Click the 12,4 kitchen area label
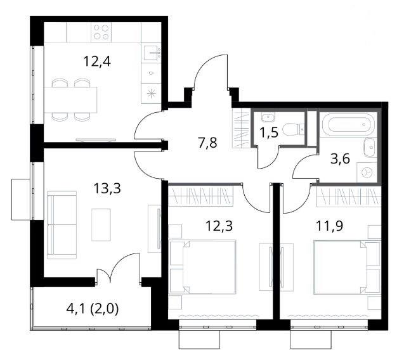[97, 62]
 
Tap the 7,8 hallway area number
[207, 143]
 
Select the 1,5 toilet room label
[269, 132]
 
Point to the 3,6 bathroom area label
[340, 158]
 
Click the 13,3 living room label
[107, 188]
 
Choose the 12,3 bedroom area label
[219, 226]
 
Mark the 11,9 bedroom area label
[330, 226]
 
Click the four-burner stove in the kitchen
[101, 32]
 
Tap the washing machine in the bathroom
[366, 172]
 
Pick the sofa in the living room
[62, 225]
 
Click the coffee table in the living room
[101, 224]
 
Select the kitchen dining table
[70, 100]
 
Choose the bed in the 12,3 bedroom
[202, 267]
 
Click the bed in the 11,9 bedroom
[347, 267]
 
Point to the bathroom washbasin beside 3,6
[370, 147]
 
